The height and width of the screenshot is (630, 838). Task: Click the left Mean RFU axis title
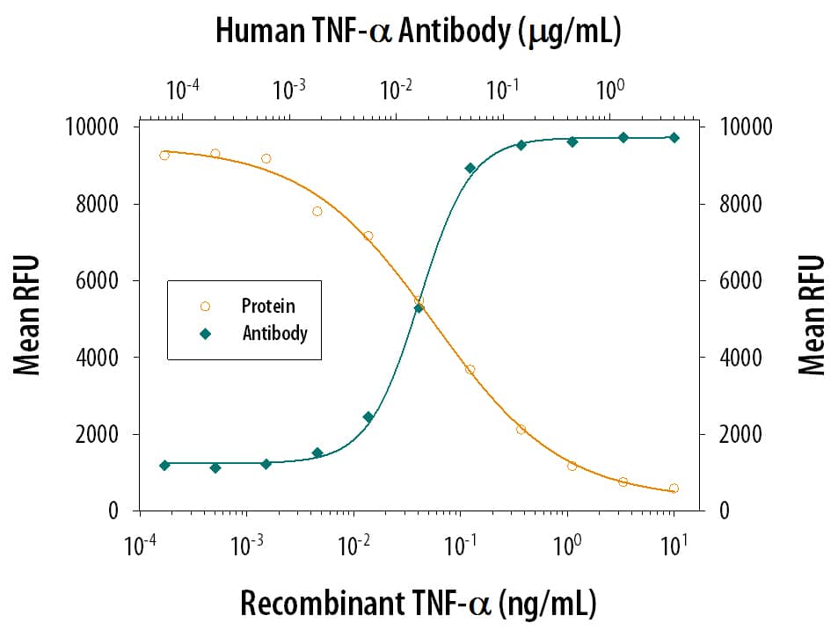28,316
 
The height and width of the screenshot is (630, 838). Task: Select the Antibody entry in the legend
274,333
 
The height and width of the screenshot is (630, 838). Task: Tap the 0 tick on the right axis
724,511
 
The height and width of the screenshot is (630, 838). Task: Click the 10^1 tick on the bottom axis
674,547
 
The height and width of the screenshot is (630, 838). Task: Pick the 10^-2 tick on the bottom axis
353,547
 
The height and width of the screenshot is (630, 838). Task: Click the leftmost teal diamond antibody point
164,465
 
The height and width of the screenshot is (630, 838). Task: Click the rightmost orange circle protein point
674,489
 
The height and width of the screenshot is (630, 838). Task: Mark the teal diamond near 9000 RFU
470,168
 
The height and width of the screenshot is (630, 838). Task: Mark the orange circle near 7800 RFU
317,211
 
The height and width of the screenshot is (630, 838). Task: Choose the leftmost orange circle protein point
164,156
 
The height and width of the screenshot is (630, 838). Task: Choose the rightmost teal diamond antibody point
674,137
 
